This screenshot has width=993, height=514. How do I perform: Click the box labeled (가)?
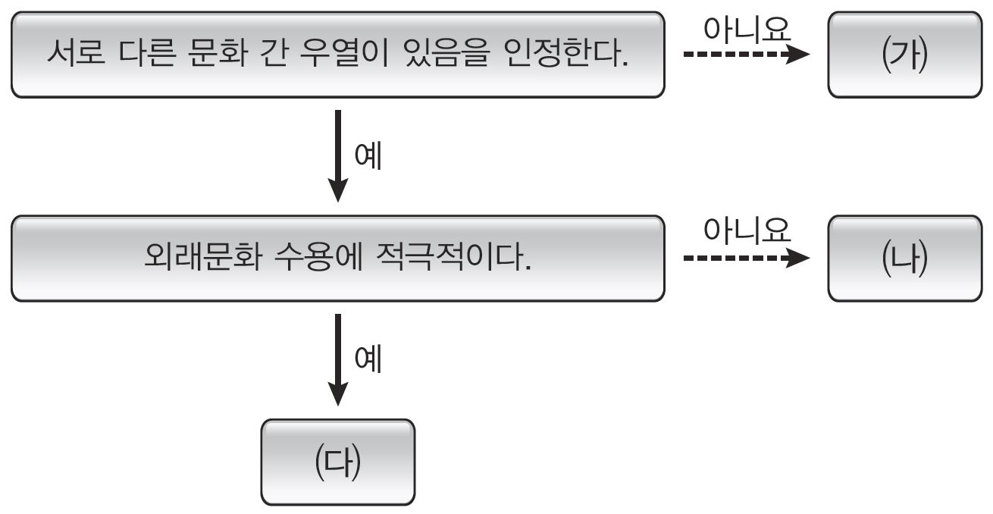tap(904, 55)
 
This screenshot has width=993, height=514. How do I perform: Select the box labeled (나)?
tap(904, 259)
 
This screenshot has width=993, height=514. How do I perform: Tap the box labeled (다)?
tap(338, 462)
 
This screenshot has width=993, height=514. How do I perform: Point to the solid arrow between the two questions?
tap(337, 155)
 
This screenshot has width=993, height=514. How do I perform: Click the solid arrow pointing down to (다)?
tap(337, 359)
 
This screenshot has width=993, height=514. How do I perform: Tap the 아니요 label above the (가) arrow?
tap(747, 29)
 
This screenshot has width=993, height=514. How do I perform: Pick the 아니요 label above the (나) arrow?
tap(747, 230)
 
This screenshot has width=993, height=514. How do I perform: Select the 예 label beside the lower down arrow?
tap(368, 359)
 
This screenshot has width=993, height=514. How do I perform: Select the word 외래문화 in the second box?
tap(202, 259)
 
